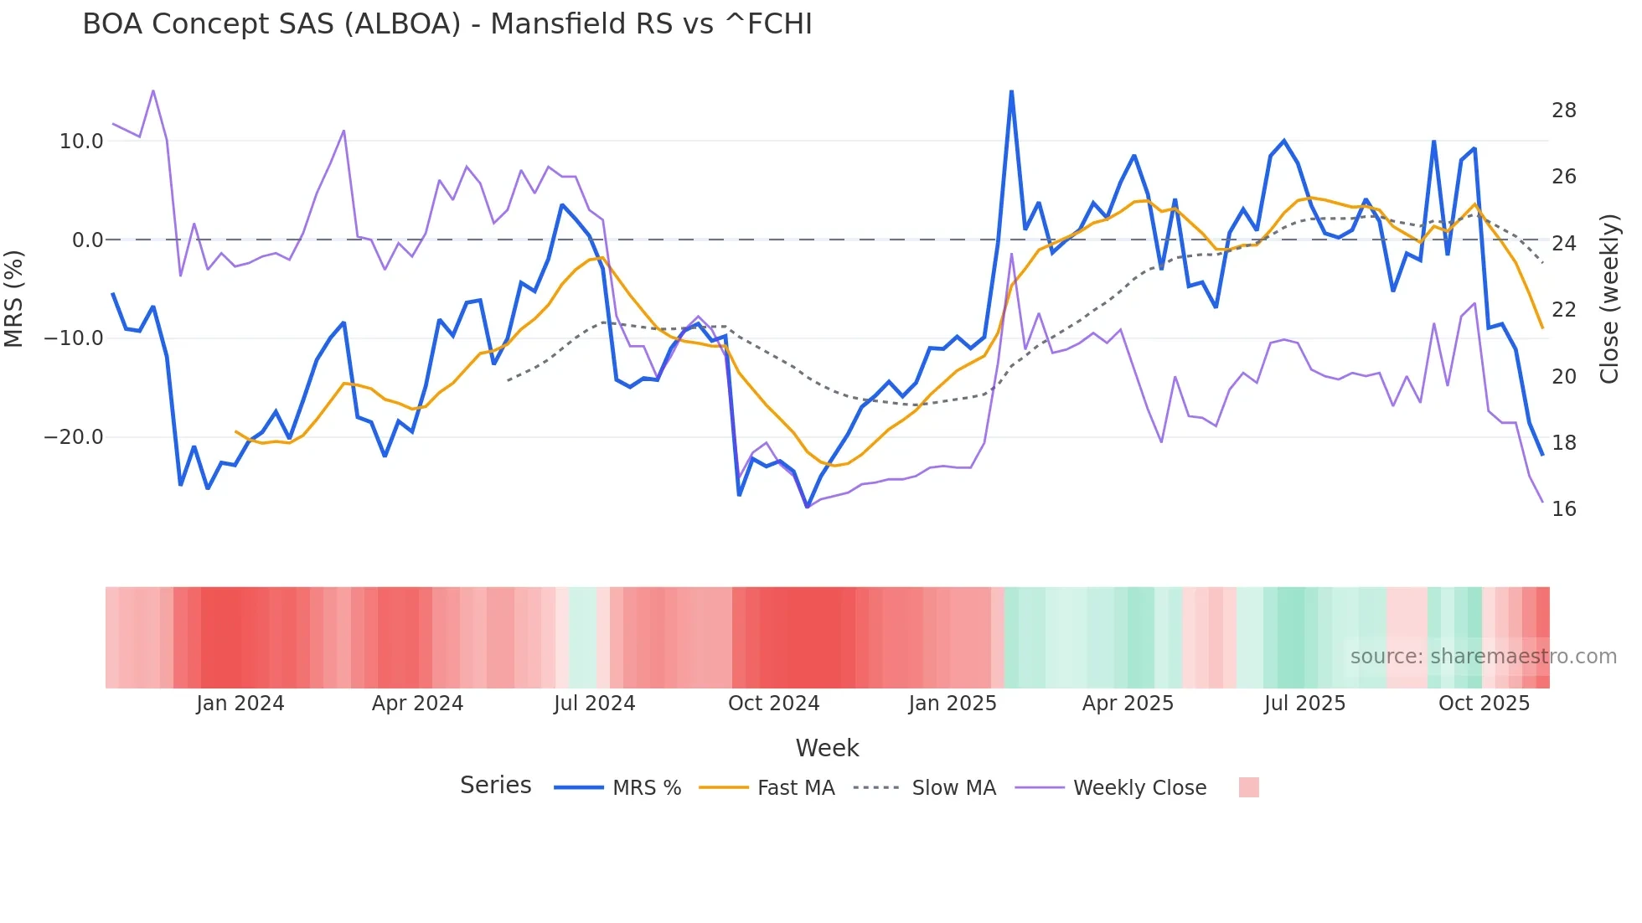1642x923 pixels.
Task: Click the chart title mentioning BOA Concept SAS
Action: pos(447,24)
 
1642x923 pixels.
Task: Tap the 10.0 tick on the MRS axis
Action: pos(81,142)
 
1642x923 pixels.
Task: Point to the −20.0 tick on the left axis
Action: pos(74,437)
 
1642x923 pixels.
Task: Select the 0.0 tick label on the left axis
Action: pos(87,240)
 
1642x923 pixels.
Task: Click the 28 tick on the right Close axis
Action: pos(1563,111)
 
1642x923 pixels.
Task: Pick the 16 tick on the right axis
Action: pos(1563,509)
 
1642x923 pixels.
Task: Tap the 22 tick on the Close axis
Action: pos(1563,310)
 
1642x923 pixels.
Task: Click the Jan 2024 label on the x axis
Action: pos(240,704)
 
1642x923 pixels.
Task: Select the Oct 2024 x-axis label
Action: pos(773,704)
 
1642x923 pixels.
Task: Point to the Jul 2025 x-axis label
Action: pos(1304,704)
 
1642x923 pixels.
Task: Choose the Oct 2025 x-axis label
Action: pos(1484,704)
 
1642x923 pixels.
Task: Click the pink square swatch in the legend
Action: pos(1248,787)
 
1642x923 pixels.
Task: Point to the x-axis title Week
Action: pos(827,748)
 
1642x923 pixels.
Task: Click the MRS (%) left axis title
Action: pos(14,299)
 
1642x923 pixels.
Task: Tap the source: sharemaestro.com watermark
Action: pos(1483,657)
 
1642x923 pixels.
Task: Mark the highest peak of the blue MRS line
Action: pos(1011,91)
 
